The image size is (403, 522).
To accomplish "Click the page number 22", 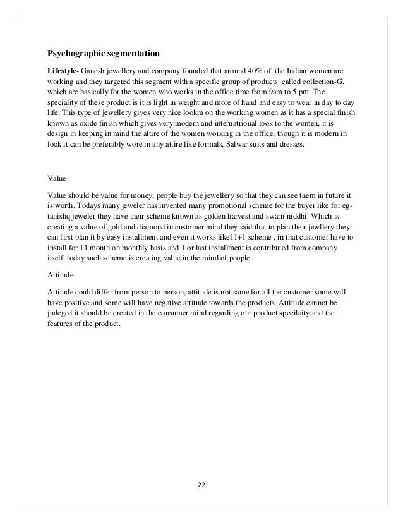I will [201, 486].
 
